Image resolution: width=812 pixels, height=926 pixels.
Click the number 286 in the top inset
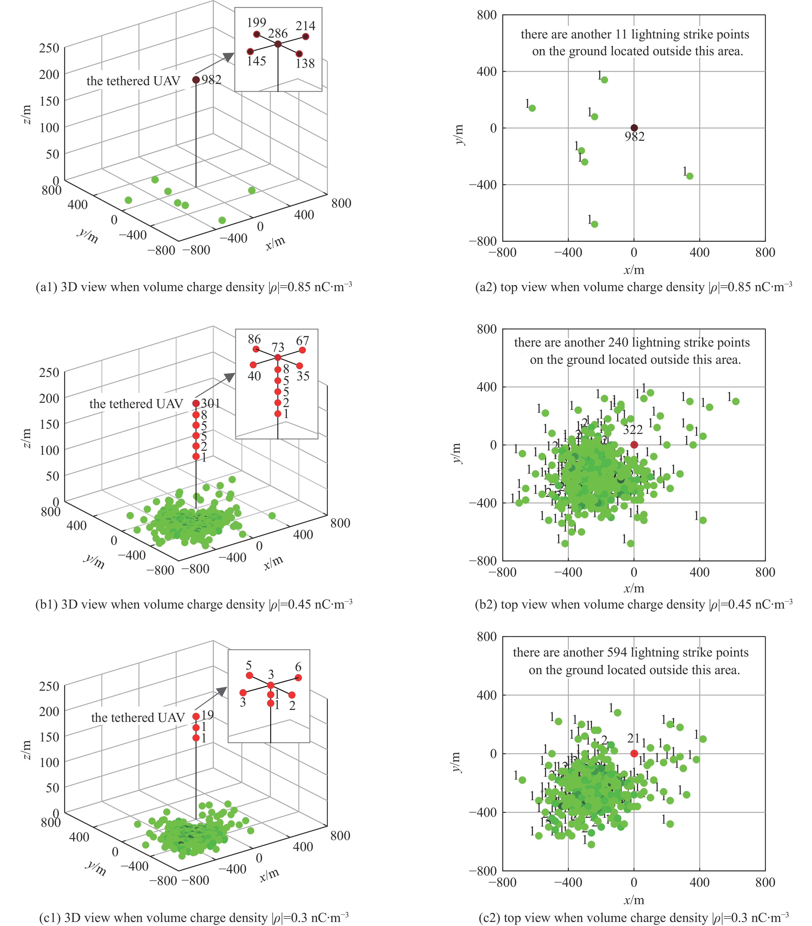click(x=278, y=34)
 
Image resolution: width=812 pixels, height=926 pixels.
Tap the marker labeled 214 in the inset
click(x=306, y=37)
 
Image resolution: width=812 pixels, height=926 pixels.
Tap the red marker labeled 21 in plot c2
click(x=634, y=753)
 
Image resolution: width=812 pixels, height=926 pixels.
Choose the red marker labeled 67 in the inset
click(x=302, y=350)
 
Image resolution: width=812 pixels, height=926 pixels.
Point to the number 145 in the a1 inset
click(x=256, y=61)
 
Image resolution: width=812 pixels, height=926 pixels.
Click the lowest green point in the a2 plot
click(x=595, y=224)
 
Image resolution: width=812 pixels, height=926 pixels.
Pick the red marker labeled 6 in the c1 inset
click(x=298, y=678)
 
